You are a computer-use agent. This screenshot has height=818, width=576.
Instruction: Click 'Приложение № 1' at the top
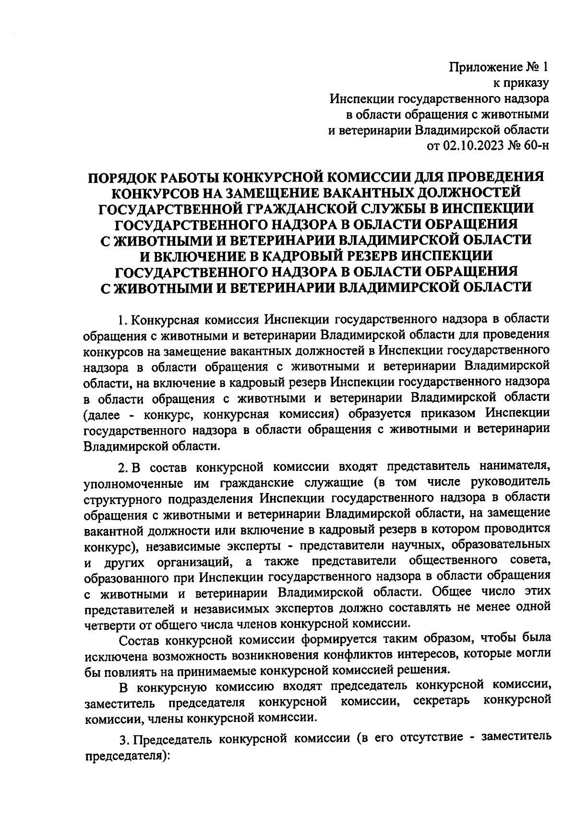point(498,66)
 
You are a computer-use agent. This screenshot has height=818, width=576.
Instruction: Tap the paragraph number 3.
point(122,739)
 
